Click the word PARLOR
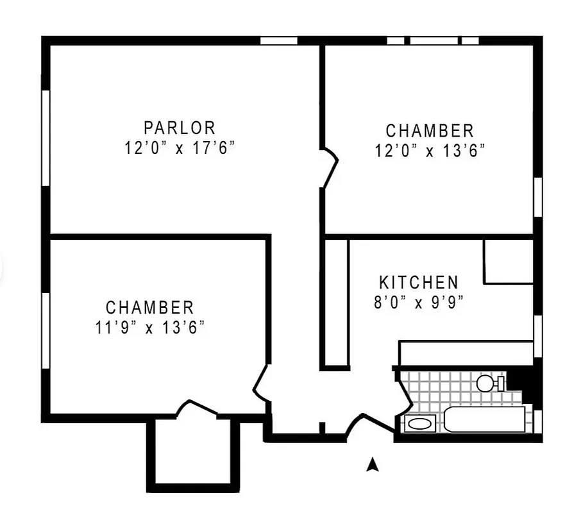point(180,128)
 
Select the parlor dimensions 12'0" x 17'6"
point(180,148)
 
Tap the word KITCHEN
point(419,283)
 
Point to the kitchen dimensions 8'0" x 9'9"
point(419,302)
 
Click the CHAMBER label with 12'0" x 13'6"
point(430,131)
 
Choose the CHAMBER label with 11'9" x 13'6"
point(149,308)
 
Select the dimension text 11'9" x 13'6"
point(149,328)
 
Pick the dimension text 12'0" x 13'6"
point(430,151)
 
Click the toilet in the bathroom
point(489,383)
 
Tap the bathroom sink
point(420,424)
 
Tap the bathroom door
point(403,391)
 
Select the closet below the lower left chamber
point(193,452)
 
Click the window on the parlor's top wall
point(279,40)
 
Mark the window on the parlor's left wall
point(46,138)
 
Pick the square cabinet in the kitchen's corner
point(509,262)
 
